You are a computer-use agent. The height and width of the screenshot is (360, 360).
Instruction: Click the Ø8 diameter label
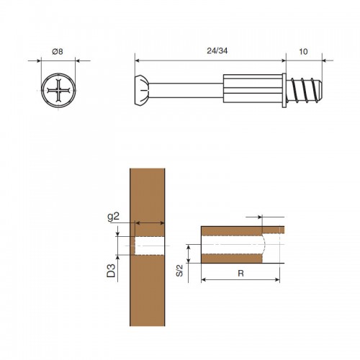58,51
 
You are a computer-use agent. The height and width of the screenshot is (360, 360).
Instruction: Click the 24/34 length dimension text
217,51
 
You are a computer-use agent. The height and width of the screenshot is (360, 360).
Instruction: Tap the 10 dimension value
303,52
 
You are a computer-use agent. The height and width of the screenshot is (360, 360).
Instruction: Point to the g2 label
113,217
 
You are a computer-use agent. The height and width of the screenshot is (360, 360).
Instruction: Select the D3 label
111,271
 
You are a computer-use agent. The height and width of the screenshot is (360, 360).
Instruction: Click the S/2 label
179,271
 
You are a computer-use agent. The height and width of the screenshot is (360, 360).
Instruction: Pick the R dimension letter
240,273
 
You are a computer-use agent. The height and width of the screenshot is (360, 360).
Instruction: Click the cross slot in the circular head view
58,91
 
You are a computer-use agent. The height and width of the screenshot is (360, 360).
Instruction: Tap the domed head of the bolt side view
143,91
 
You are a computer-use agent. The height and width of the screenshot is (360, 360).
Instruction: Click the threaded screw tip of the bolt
304,91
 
